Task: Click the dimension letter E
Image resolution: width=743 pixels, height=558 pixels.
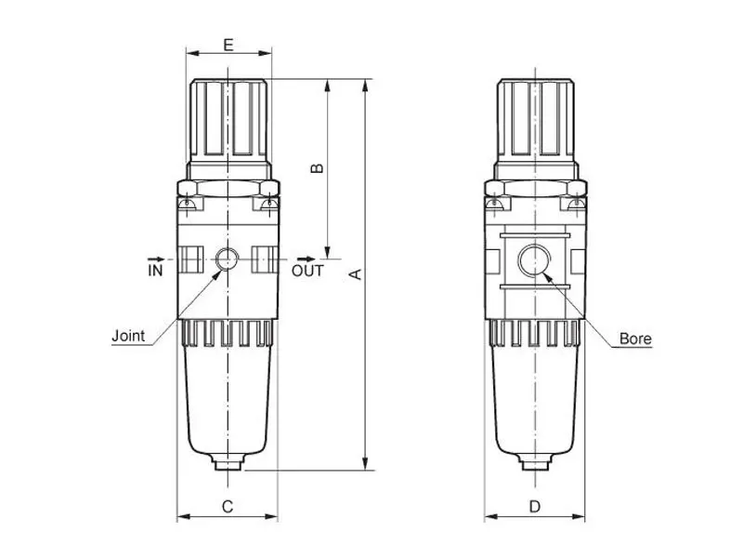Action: coord(228,45)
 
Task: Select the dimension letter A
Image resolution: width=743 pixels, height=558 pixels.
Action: coord(356,274)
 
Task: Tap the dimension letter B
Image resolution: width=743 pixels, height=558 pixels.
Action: coord(317,168)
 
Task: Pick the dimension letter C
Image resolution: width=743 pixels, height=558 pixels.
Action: coord(228,506)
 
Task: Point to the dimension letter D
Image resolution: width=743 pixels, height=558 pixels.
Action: coord(535,506)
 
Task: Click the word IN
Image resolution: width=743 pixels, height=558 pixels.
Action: coord(155,271)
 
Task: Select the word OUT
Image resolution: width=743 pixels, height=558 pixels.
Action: coord(307,271)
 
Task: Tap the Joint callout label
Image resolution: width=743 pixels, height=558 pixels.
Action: coord(128,336)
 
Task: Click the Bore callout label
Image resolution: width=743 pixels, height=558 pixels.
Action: coord(635,339)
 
